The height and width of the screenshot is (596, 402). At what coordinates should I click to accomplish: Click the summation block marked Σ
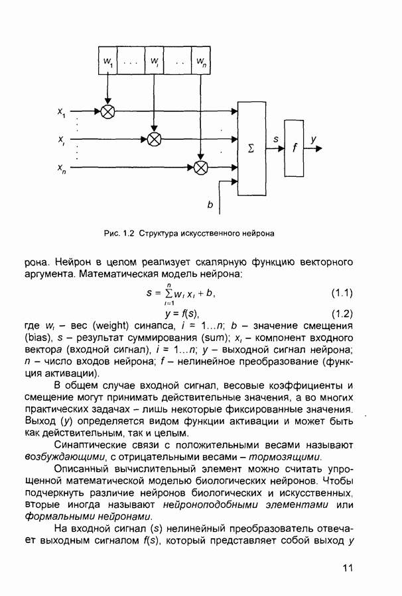point(251,148)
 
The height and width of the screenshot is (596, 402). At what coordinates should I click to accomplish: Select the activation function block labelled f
point(294,148)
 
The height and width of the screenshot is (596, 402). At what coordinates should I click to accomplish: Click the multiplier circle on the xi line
point(154,139)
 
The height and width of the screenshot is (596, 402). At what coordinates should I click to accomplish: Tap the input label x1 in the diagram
point(62,113)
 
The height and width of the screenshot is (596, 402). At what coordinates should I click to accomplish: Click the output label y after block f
point(313,139)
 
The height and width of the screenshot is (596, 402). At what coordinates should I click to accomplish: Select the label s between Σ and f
point(275,140)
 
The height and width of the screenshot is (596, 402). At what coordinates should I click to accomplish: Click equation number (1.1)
point(341,293)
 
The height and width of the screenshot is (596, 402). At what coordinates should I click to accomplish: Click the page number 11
point(350,568)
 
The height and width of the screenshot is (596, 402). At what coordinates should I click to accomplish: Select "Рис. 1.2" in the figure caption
point(119,233)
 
